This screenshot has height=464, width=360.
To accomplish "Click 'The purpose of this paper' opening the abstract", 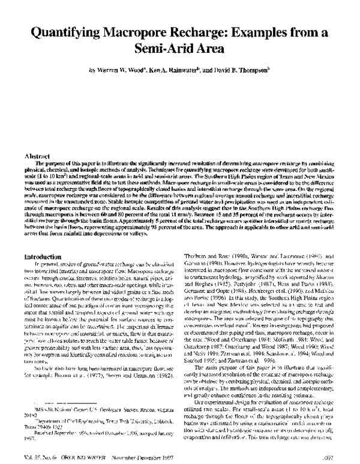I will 71,163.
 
